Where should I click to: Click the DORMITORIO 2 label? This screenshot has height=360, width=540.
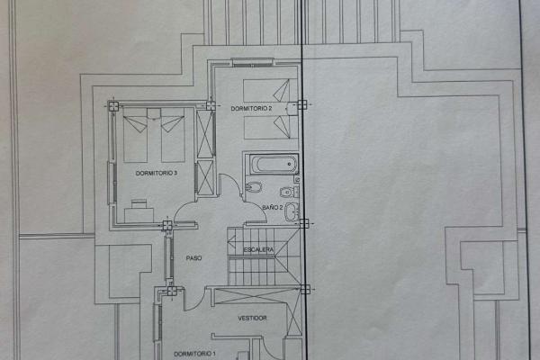pos(251,109)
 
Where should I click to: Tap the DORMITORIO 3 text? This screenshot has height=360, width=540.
pos(157,173)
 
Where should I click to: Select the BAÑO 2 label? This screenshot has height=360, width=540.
pos(273,207)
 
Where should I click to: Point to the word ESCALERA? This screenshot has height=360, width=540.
pos(258,249)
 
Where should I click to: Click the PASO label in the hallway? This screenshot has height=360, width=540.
pos(193,258)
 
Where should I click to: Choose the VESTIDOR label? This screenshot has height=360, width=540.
pos(252,318)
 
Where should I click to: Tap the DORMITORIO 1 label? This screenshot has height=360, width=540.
pos(195,354)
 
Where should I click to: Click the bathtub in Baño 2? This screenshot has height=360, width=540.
pos(274,165)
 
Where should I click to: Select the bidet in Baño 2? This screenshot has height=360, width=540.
pos(254,187)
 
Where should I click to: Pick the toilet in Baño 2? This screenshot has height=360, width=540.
pos(289,192)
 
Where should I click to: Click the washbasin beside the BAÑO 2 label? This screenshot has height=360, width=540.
pos(292,211)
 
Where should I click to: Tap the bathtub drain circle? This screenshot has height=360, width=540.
pos(289,164)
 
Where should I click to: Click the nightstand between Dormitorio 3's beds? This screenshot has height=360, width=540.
pos(154,113)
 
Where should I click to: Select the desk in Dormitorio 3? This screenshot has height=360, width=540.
pos(139,215)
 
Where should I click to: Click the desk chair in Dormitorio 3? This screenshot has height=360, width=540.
pos(139,203)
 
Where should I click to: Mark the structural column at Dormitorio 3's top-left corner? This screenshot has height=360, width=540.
pos(113,106)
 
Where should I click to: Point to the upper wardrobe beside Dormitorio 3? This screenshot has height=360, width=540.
pos(205,135)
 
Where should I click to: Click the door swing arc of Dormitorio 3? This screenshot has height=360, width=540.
pos(185,211)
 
